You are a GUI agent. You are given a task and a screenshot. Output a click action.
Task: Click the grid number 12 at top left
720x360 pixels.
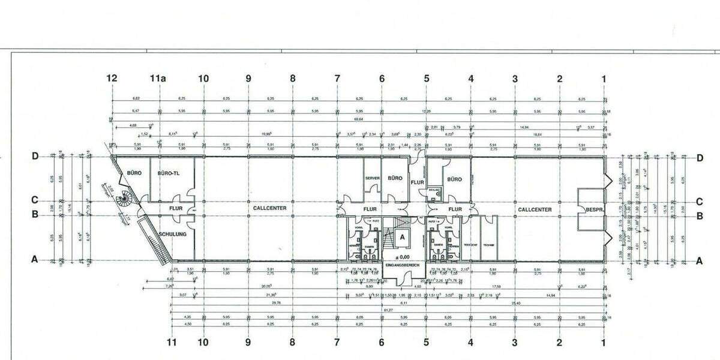click(x=112, y=79)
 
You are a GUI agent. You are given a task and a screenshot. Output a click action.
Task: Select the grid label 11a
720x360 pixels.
click(x=158, y=79)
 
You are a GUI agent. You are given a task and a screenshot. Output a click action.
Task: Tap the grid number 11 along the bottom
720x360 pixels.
click(x=172, y=343)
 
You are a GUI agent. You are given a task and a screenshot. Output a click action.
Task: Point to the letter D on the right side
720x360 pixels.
click(x=700, y=158)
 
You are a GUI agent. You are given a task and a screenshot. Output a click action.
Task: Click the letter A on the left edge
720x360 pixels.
click(x=35, y=260)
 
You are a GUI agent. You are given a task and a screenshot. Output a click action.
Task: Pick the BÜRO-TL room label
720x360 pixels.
click(x=169, y=173)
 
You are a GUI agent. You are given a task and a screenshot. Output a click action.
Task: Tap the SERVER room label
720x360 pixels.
click(x=372, y=179)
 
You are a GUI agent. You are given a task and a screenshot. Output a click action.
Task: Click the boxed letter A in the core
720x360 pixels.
click(x=402, y=236)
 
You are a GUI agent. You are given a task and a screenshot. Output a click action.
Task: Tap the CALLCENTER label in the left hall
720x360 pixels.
click(x=269, y=209)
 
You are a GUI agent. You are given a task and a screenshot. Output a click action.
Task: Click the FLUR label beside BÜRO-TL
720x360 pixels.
click(x=175, y=209)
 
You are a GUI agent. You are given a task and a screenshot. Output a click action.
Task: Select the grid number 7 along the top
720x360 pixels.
click(x=337, y=79)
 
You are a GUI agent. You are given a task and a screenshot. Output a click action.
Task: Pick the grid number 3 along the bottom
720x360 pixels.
click(x=514, y=343)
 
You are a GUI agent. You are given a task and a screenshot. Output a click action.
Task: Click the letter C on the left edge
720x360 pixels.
click(x=35, y=202)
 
